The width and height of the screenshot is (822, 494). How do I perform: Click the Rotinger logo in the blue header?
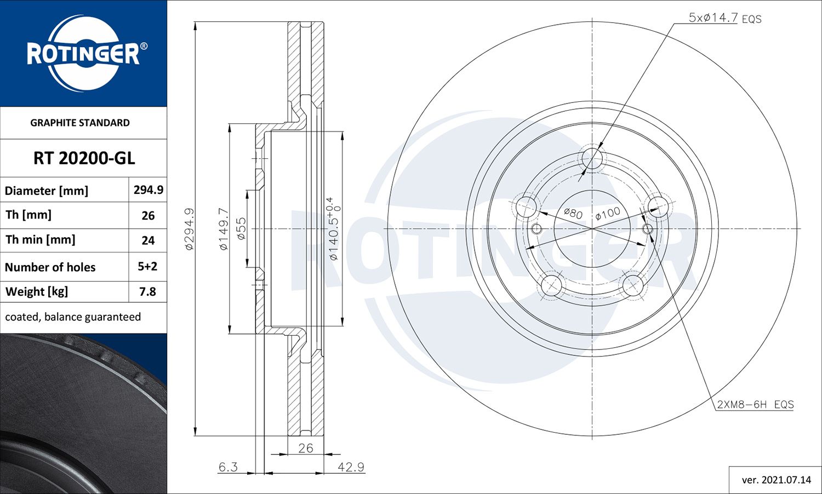(83, 53)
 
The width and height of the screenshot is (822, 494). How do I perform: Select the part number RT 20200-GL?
(84, 158)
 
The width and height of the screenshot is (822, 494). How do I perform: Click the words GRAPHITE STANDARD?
(80, 123)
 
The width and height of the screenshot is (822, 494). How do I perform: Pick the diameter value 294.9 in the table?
(148, 189)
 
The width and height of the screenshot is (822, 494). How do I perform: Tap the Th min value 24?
(148, 240)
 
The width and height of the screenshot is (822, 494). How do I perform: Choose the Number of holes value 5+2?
(147, 267)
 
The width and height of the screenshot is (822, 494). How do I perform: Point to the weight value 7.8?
(147, 292)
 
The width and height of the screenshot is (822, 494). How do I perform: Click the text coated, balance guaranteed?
(73, 317)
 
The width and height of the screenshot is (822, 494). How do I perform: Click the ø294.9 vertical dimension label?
(189, 229)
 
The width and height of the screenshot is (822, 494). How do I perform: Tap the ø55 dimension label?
(241, 229)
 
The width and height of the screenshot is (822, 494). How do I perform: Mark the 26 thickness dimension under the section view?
(305, 448)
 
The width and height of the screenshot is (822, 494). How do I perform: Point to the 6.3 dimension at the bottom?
(228, 467)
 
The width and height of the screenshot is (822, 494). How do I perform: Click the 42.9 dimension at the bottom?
(351, 467)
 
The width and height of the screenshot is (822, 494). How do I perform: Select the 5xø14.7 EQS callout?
(724, 18)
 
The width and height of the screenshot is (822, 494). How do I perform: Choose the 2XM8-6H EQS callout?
(755, 405)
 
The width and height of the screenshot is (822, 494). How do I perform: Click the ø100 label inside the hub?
(608, 214)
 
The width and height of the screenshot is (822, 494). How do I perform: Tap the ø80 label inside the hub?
(573, 213)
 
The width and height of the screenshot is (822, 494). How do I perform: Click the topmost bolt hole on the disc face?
(592, 159)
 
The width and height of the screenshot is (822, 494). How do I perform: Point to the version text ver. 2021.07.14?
(776, 480)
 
